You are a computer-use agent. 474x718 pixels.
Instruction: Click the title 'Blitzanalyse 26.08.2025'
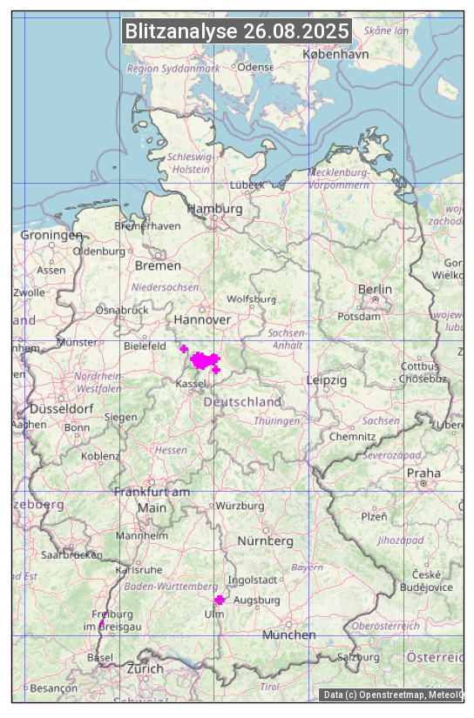click(237, 31)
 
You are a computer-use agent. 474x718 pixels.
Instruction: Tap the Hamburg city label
click(215, 209)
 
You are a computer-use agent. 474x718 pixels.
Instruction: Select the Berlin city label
click(375, 289)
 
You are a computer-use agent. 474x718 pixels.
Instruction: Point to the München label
click(289, 634)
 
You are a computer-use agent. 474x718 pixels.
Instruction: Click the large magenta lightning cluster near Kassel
click(202, 359)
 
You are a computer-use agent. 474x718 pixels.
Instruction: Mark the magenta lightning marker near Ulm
click(220, 600)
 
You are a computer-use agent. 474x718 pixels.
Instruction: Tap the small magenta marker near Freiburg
click(102, 623)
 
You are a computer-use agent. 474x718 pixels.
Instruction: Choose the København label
click(335, 54)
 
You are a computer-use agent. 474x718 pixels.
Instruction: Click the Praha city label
click(423, 473)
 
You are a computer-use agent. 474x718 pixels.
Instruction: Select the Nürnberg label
click(266, 540)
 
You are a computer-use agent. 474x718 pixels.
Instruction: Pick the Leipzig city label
click(327, 380)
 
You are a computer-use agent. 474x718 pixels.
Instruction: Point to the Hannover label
click(202, 319)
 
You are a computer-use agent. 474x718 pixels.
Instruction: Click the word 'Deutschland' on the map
click(242, 402)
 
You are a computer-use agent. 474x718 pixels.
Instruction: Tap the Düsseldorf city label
click(61, 408)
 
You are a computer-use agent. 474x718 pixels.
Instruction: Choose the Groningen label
click(51, 235)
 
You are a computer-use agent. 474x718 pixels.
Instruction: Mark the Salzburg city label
click(359, 656)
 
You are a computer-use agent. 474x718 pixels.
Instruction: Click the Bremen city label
click(158, 265)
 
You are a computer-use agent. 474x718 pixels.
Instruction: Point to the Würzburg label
click(240, 506)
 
